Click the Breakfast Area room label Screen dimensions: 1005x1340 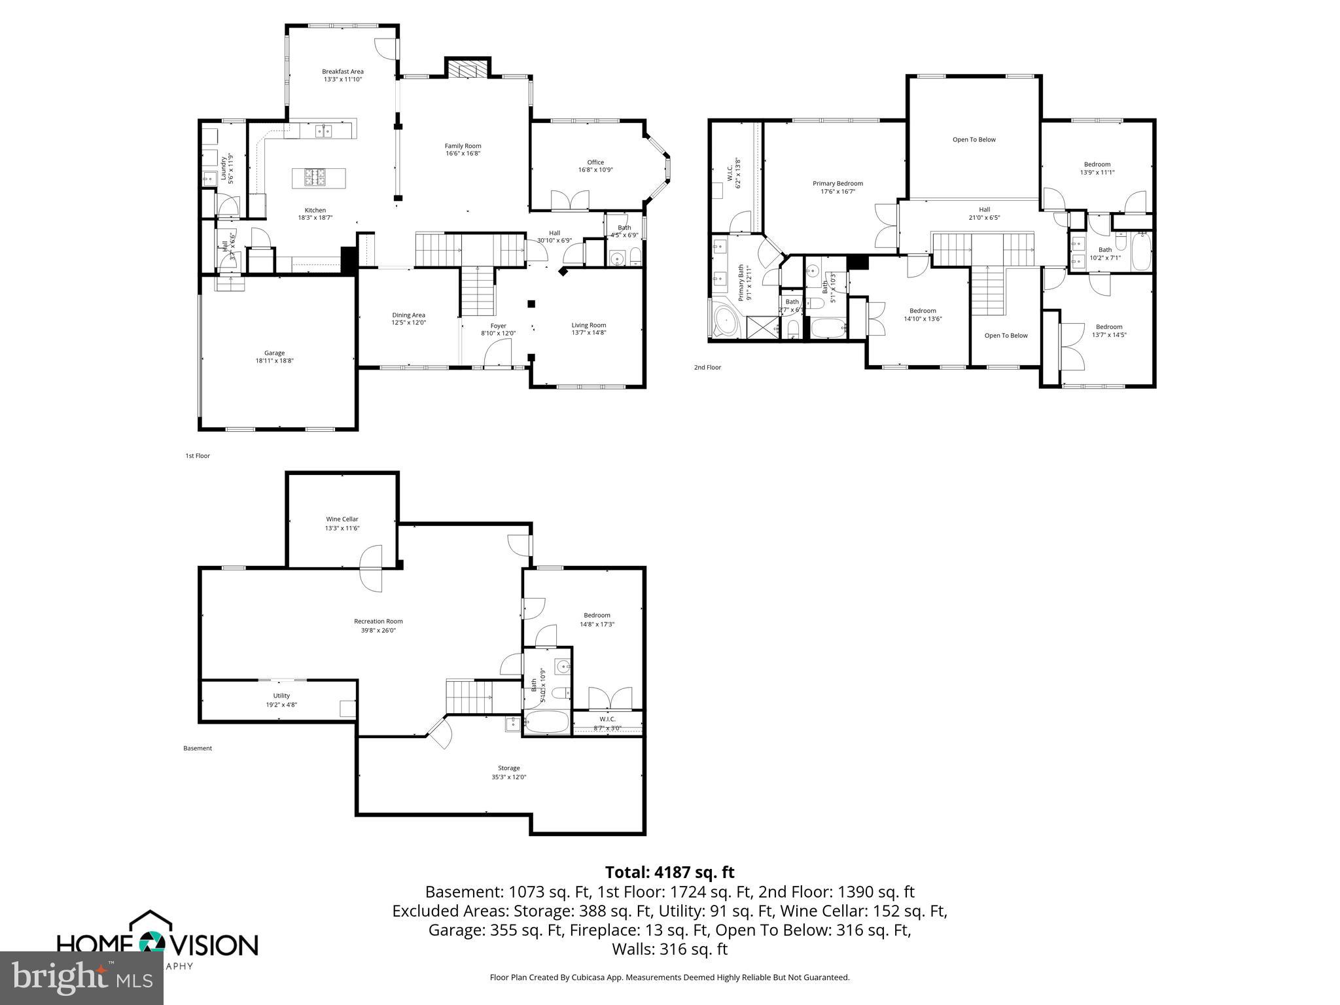pos(342,72)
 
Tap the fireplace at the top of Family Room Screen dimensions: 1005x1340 pos(467,71)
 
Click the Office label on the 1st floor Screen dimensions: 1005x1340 pos(595,162)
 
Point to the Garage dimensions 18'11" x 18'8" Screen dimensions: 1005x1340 pos(274,361)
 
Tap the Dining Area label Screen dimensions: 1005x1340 pos(408,315)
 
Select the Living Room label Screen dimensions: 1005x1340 pos(588,325)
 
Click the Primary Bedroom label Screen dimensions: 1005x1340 pos(837,183)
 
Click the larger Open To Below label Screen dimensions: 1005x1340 pos(974,139)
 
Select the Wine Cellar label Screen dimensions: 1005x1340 pos(342,519)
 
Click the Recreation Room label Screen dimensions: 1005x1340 pos(378,621)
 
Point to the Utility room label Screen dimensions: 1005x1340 pos(281,696)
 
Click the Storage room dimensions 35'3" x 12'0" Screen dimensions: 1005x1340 pos(508,777)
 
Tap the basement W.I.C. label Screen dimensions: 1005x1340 pos(607,719)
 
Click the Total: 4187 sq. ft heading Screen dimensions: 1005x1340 pos(669,872)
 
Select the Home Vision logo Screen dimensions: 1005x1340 pos(157,942)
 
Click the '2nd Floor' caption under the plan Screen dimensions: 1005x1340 pos(707,368)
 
